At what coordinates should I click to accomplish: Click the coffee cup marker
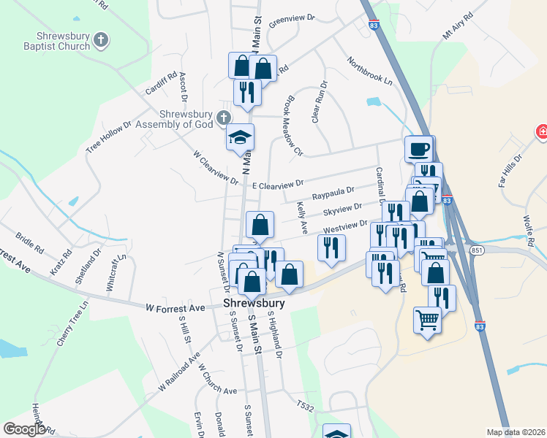click(x=418, y=149)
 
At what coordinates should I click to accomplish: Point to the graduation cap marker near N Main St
click(x=240, y=139)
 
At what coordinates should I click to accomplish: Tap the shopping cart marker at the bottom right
click(x=427, y=320)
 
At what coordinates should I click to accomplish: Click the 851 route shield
click(x=477, y=250)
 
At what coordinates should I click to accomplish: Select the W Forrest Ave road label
click(x=175, y=308)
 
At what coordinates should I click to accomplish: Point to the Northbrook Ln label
click(x=369, y=72)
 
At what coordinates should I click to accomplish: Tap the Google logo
click(x=24, y=429)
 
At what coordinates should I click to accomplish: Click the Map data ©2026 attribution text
click(x=516, y=432)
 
